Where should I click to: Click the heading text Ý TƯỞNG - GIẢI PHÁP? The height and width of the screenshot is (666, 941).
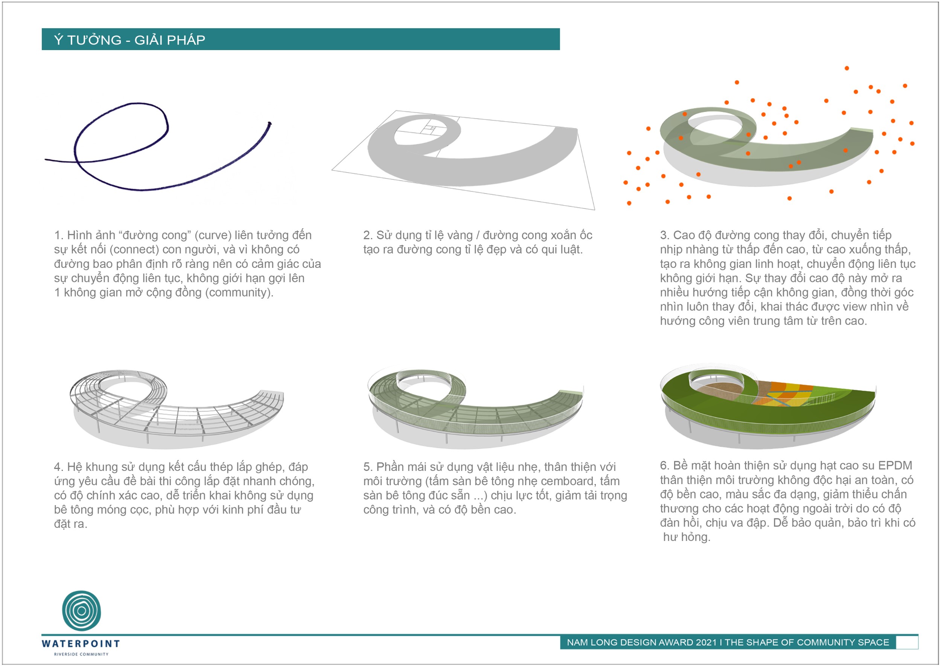coord(129,40)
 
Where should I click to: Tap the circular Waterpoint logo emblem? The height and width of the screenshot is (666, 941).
coord(82,611)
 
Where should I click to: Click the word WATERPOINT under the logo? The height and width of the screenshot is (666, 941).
coord(81,643)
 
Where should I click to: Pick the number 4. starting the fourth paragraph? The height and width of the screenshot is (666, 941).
coord(59,467)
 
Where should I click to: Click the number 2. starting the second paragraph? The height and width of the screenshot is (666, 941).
coord(368,235)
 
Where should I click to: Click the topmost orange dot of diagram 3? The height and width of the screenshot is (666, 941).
coord(847,68)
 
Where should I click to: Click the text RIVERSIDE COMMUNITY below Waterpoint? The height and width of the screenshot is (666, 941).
coord(81,654)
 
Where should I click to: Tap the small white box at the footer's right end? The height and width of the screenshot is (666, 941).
coord(907,642)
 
